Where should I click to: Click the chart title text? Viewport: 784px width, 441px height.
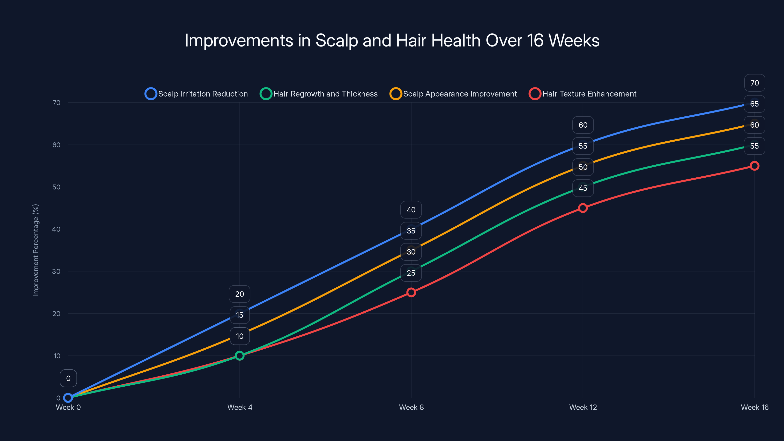(x=392, y=40)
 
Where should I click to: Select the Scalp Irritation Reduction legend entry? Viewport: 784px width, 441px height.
(x=196, y=94)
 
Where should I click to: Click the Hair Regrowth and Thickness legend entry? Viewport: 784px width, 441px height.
(x=319, y=94)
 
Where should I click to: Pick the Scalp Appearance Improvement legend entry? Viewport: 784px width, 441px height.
(x=453, y=94)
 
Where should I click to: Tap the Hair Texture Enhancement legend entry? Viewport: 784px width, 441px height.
(x=583, y=94)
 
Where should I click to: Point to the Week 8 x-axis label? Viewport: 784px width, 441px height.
(x=411, y=407)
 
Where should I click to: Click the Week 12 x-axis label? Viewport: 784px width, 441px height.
(x=583, y=407)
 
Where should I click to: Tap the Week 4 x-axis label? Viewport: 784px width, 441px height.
(x=240, y=407)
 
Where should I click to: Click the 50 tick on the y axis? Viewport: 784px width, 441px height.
(x=56, y=187)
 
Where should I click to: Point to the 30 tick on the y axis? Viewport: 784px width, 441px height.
(x=56, y=271)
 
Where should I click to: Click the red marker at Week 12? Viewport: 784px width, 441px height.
(x=583, y=208)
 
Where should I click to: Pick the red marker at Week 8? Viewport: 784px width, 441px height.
(x=411, y=292)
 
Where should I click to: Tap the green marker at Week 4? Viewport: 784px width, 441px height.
(x=240, y=355)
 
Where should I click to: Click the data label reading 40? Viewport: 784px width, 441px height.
(x=411, y=210)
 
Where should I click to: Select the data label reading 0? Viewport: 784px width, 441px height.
(x=68, y=378)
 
